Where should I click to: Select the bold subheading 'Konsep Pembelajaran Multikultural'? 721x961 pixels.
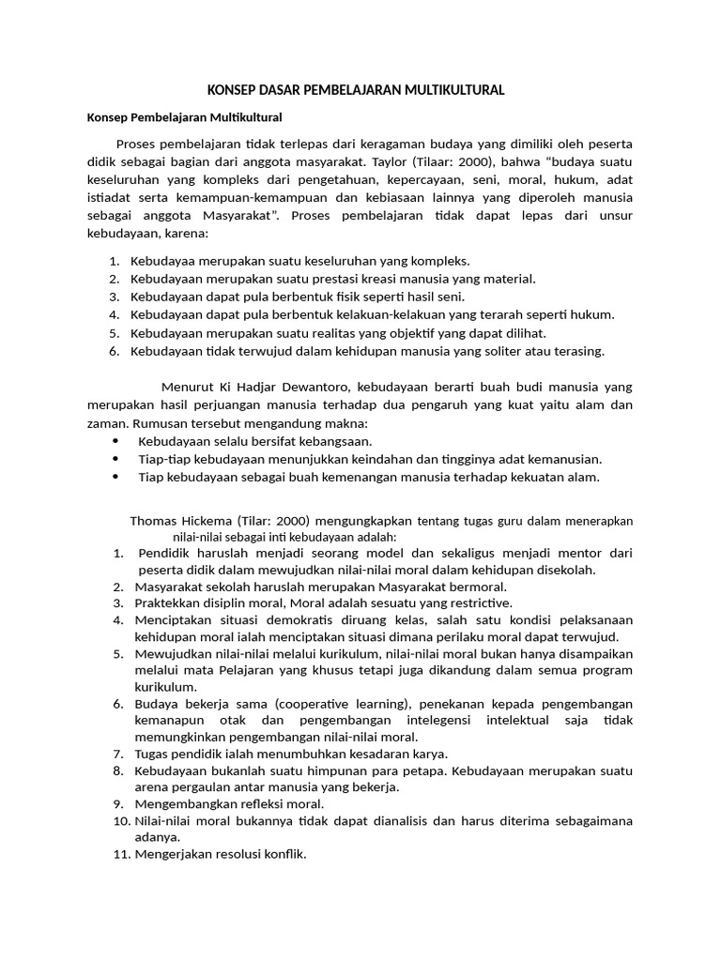[x=185, y=118]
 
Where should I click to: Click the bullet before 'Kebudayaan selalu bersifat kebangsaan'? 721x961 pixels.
[x=115, y=441]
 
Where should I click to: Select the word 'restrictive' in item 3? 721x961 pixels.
[x=477, y=603]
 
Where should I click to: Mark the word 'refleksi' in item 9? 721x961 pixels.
[x=257, y=804]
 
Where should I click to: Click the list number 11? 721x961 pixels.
[x=121, y=854]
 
